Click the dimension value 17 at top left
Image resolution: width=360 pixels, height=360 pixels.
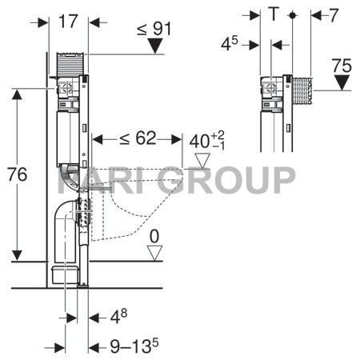click(x=68, y=22)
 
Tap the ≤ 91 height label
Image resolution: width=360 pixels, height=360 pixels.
click(x=154, y=29)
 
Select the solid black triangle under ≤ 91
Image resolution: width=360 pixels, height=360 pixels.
click(x=155, y=46)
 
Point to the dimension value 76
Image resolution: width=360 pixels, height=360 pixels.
click(x=17, y=174)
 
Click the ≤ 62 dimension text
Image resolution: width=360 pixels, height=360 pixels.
click(x=138, y=138)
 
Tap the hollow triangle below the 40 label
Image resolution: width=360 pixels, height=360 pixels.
click(x=202, y=161)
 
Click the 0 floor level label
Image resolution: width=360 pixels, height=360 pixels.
click(x=154, y=236)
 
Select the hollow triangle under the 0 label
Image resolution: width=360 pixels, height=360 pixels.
click(x=154, y=253)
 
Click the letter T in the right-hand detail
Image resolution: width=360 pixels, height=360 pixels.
click(x=274, y=14)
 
